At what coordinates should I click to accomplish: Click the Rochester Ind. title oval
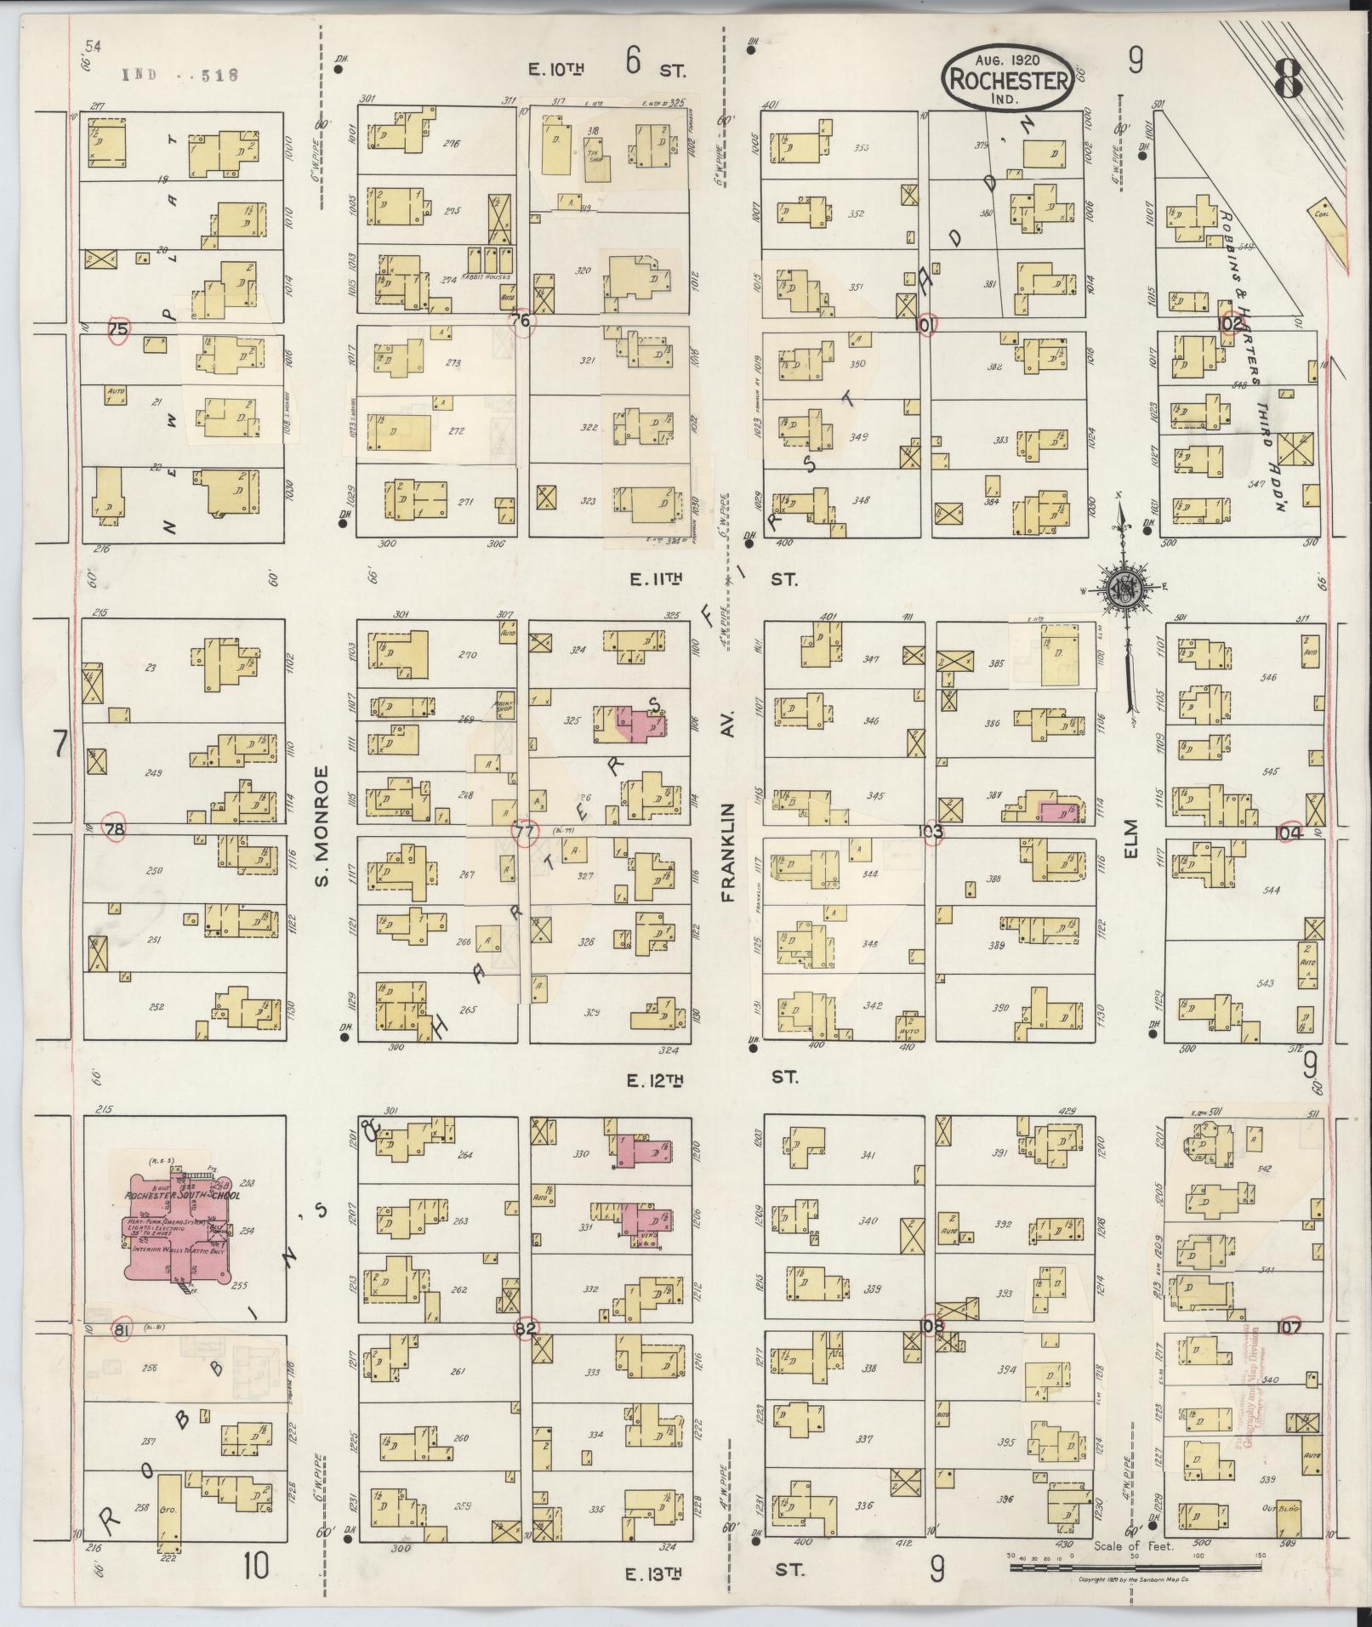(x=1007, y=78)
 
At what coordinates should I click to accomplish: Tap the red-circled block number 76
(x=523, y=321)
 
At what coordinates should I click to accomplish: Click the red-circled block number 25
(x=119, y=329)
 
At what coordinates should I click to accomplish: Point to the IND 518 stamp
(x=179, y=75)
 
